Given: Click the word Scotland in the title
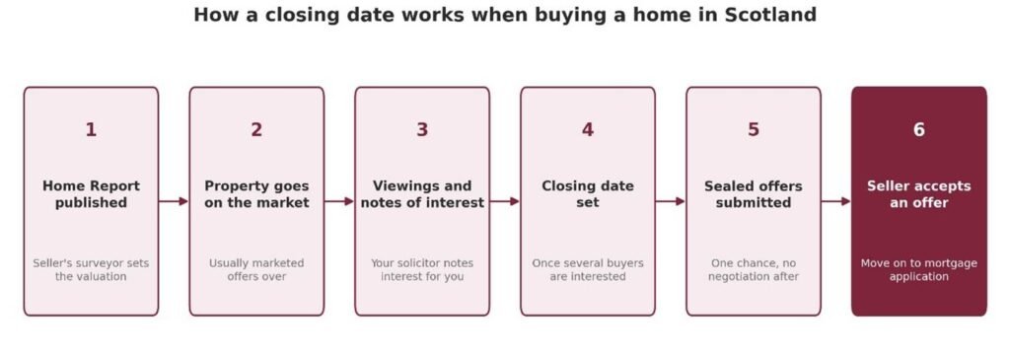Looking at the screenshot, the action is click(x=770, y=14).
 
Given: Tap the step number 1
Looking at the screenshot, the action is click(x=91, y=130).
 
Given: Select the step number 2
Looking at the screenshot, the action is click(x=256, y=130).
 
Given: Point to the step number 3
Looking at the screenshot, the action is click(x=422, y=130).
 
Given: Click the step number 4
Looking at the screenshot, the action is click(x=588, y=130).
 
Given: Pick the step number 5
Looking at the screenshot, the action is click(x=753, y=130).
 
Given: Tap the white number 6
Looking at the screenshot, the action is click(x=918, y=130).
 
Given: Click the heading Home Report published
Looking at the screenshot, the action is click(x=91, y=194).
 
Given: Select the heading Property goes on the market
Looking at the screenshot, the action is click(x=256, y=194).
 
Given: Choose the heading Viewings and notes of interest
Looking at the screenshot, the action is click(x=422, y=194).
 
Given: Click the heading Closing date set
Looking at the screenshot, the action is click(x=588, y=194).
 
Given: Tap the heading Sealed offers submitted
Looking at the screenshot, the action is click(x=753, y=194).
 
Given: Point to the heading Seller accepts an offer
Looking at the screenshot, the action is click(x=918, y=194).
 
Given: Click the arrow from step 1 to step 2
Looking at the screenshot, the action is click(x=174, y=201).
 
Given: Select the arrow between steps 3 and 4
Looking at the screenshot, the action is click(x=505, y=201).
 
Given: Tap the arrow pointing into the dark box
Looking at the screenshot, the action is click(x=836, y=201).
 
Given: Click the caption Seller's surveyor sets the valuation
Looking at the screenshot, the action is click(x=91, y=270).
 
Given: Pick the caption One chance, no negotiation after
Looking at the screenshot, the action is click(x=753, y=270).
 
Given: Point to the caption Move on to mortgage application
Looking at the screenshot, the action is click(x=918, y=270).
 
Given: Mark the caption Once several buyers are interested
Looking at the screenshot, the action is click(x=588, y=270).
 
